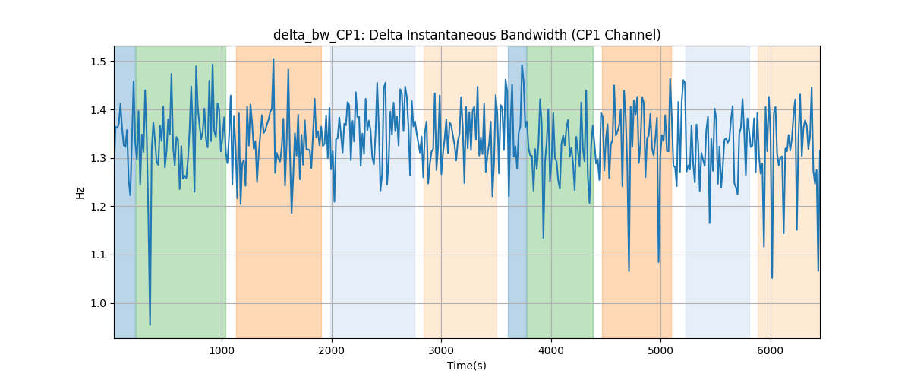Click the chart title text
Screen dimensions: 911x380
pyautogui.click(x=467, y=35)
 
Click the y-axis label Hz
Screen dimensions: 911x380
pyautogui.click(x=80, y=192)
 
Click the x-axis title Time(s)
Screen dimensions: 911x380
pyautogui.click(x=466, y=366)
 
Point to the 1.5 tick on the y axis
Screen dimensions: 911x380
pyautogui.click(x=98, y=62)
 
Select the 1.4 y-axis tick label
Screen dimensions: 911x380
pyautogui.click(x=98, y=110)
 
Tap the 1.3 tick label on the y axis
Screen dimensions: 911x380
pyautogui.click(x=98, y=158)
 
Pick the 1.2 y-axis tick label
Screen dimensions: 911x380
pyautogui.click(x=98, y=207)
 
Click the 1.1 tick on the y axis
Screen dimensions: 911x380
pyautogui.click(x=98, y=255)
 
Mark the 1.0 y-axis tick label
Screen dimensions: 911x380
pyautogui.click(x=98, y=304)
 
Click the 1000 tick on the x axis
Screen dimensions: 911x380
pyautogui.click(x=222, y=351)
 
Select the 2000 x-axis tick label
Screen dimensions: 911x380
pyautogui.click(x=332, y=351)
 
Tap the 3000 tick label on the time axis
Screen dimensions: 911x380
pyautogui.click(x=441, y=351)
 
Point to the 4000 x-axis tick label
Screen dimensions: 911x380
pyautogui.click(x=551, y=351)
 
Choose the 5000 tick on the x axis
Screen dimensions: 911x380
pyautogui.click(x=660, y=351)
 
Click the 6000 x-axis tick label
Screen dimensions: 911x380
pyautogui.click(x=771, y=351)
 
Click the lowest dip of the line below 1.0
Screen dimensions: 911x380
pyautogui.click(x=150, y=325)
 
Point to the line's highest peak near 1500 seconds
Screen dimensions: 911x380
pyautogui.click(x=273, y=59)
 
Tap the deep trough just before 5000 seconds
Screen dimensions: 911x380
pyautogui.click(x=658, y=262)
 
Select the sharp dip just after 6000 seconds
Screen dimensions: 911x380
pyautogui.click(x=772, y=277)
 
